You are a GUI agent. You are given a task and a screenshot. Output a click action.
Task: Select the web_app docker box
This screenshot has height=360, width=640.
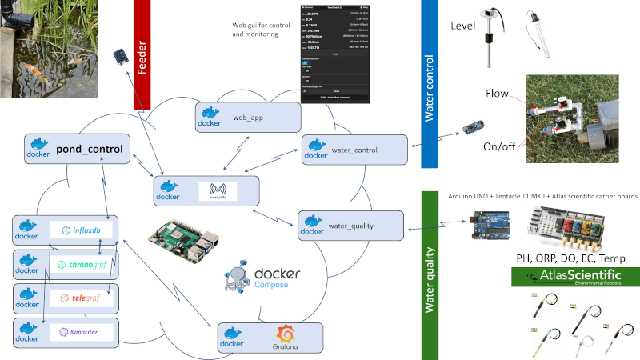tap(247, 117)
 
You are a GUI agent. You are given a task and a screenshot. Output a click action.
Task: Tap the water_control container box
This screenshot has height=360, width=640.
tap(354, 150)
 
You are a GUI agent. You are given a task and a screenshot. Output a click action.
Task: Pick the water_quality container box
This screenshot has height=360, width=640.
tap(350, 225)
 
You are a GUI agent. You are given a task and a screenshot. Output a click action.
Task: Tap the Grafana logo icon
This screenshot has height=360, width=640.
tap(287, 336)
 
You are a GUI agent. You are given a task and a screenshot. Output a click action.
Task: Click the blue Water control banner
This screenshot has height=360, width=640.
tap(430, 84)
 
